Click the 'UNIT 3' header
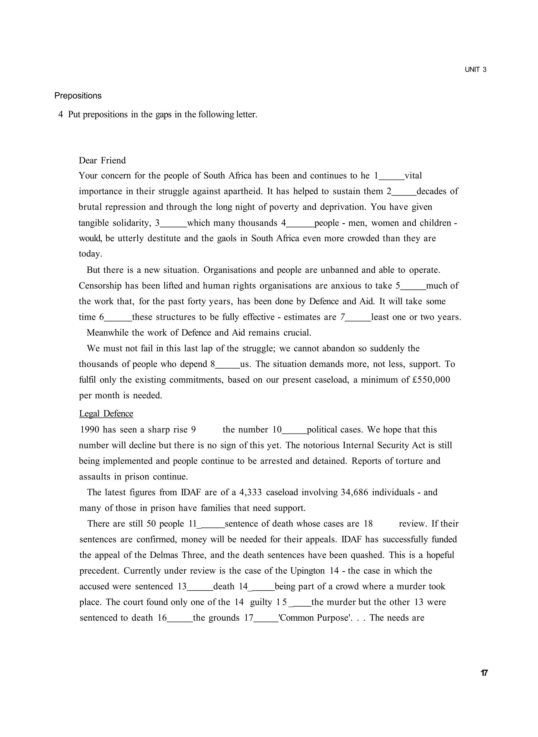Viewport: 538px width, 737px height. click(475, 70)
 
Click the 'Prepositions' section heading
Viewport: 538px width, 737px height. click(78, 96)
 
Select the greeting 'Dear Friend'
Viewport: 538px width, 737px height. click(102, 160)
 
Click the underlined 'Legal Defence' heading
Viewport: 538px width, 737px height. click(106, 414)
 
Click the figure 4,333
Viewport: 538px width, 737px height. click(250, 492)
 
